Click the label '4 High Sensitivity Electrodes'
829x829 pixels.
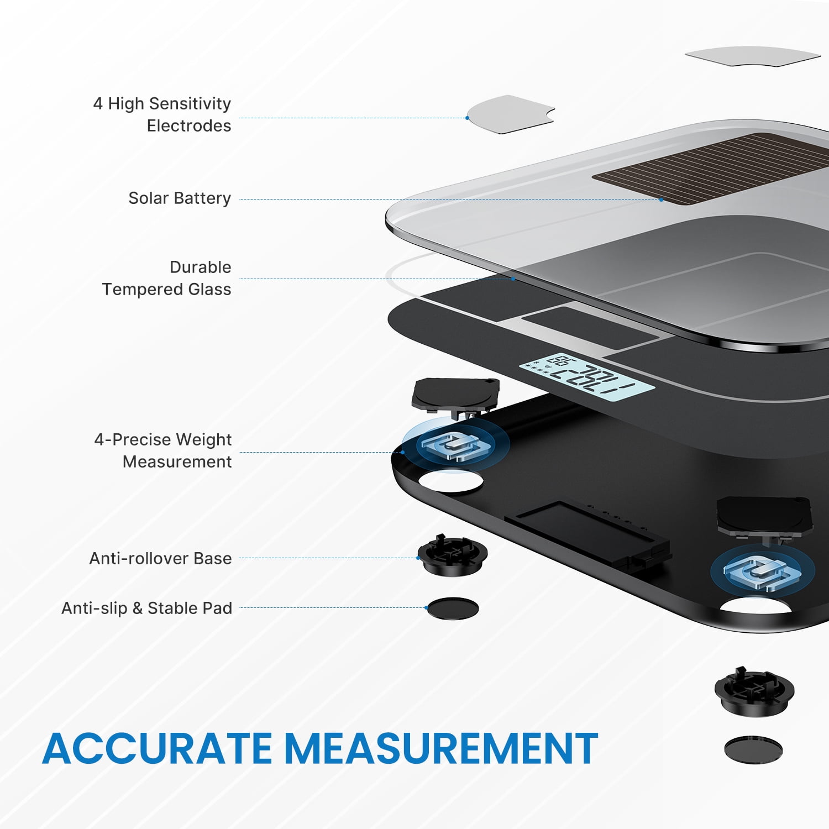162,114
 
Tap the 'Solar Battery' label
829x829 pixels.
180,198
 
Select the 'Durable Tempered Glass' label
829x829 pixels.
166,278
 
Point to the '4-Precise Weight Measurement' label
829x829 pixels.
163,450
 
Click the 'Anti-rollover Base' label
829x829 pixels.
160,558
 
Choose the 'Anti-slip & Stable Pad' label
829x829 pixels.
146,608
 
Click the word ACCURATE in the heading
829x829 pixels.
158,749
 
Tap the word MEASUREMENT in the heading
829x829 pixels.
441,749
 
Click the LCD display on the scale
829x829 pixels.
586,377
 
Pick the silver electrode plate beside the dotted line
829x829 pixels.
510,114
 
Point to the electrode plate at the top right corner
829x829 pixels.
753,56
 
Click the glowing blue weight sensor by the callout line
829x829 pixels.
455,444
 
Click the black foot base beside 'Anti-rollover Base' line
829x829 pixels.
453,555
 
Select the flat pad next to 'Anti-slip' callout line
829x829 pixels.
453,608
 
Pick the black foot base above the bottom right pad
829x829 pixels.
754,691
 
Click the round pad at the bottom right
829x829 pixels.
753,750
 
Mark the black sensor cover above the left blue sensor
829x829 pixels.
455,396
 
